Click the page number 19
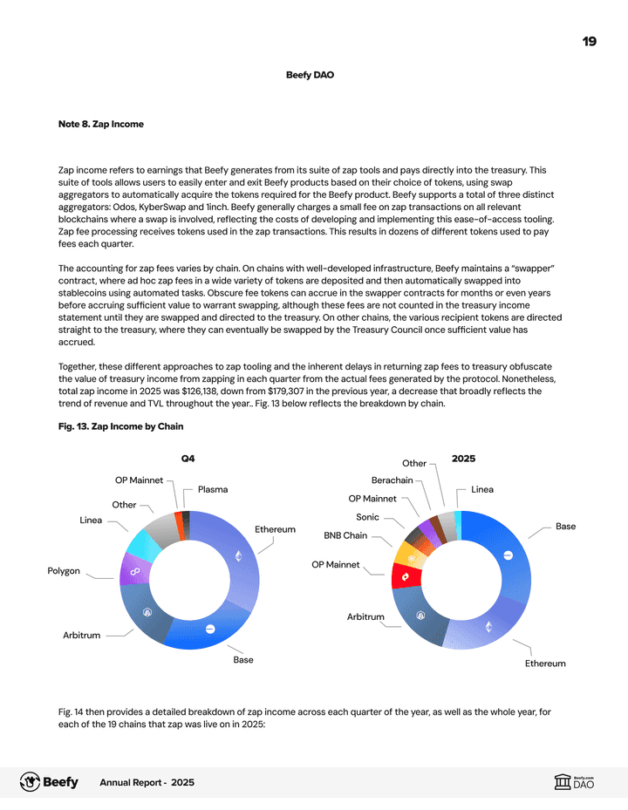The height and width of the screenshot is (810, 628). click(590, 41)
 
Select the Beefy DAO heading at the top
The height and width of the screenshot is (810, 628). click(310, 75)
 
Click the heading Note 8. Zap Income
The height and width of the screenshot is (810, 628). click(100, 125)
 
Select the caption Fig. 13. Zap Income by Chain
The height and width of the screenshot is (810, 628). click(120, 426)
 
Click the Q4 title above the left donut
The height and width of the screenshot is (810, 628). click(188, 458)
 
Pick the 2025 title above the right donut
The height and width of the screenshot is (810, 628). click(463, 458)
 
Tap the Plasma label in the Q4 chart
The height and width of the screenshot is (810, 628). click(213, 490)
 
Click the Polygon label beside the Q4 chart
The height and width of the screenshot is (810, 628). click(64, 571)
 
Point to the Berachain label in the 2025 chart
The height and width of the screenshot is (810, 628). click(392, 480)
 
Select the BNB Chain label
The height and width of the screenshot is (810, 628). click(345, 535)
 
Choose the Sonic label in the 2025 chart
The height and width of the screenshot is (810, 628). click(367, 517)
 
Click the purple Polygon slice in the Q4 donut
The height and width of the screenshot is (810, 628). click(135, 570)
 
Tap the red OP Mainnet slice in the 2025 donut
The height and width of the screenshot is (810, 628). click(406, 576)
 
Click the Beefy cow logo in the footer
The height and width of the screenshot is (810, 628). click(30, 782)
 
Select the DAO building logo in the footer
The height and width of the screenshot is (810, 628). click(563, 783)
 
